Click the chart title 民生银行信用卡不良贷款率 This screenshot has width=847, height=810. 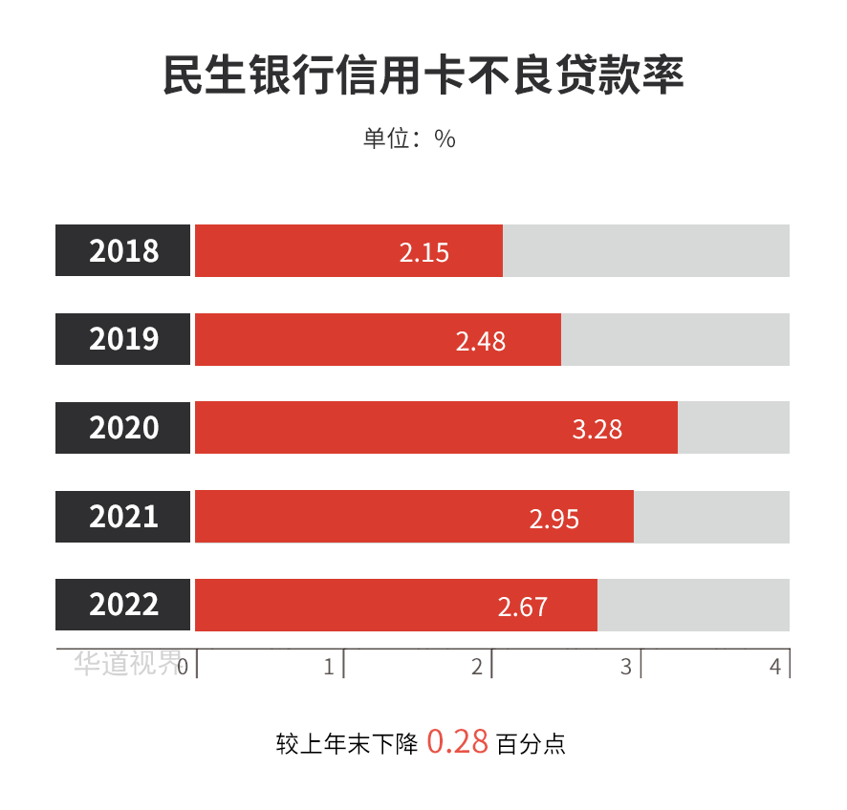click(x=423, y=75)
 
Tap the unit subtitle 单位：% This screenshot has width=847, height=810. click(x=409, y=139)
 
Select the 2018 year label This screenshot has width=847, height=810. click(x=123, y=250)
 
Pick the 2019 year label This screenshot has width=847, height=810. click(x=123, y=339)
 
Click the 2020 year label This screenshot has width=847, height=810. click(x=123, y=427)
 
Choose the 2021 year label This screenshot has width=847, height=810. click(x=123, y=516)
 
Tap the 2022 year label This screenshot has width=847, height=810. click(x=123, y=605)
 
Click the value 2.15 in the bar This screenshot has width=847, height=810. click(x=423, y=252)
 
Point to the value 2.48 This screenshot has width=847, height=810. click(x=480, y=341)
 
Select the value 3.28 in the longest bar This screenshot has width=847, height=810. click(x=597, y=429)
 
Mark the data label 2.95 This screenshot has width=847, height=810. click(x=554, y=518)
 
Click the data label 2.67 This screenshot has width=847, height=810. click(x=522, y=607)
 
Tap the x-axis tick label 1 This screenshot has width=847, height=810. click(x=329, y=667)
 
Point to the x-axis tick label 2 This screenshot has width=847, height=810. click(x=477, y=667)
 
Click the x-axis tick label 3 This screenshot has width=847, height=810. click(x=626, y=667)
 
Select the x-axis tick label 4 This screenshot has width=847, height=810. click(x=774, y=667)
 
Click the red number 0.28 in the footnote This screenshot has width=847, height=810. click(x=457, y=741)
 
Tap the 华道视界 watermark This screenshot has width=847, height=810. click(x=127, y=663)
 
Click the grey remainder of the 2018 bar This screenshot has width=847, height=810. click(x=646, y=250)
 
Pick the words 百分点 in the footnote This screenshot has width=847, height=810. click(x=532, y=743)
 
